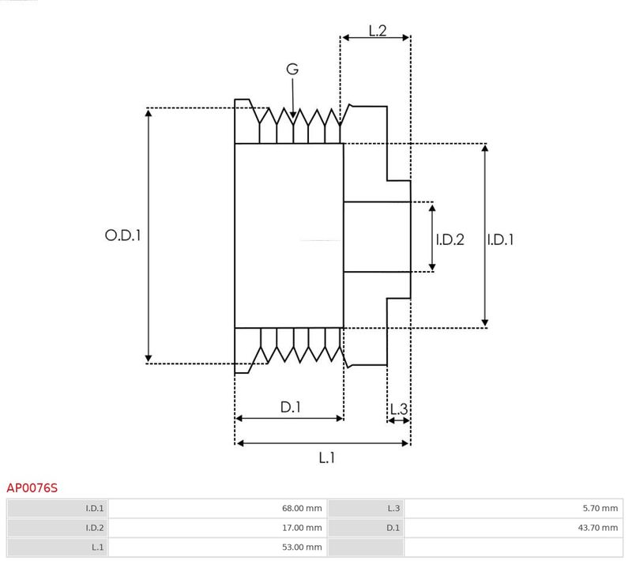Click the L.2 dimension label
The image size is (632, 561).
378,31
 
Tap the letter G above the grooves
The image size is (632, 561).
292,70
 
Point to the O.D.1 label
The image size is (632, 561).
122,235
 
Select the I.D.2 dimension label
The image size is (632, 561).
450,239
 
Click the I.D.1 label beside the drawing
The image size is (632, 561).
500,239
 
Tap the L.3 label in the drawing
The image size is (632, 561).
399,409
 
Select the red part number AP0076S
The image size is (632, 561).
32,488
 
